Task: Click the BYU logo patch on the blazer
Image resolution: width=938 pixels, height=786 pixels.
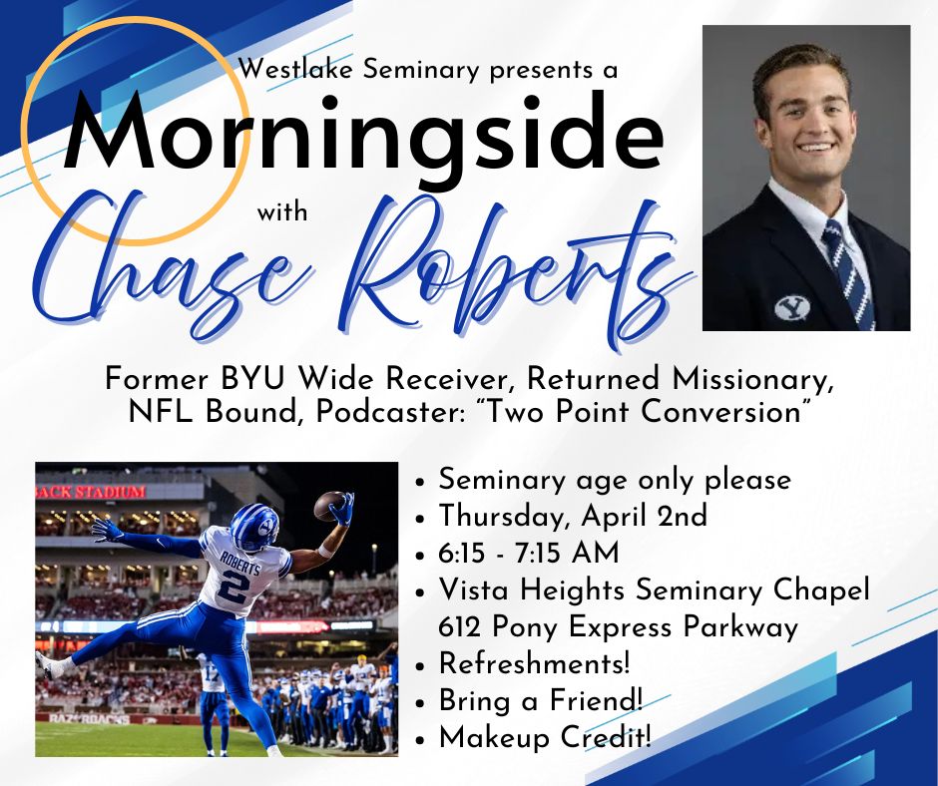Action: pos(791,307)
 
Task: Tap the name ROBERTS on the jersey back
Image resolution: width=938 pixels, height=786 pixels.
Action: pos(239,562)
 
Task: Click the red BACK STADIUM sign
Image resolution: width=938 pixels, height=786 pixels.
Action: pos(91,492)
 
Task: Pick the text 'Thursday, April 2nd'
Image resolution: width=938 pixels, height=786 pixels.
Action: pos(573,517)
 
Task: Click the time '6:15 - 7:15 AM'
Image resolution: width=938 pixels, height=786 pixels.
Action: pos(528,554)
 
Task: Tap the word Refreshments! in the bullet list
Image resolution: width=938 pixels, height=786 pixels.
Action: pos(534,663)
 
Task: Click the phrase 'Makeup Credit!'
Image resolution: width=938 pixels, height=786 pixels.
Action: pos(545,737)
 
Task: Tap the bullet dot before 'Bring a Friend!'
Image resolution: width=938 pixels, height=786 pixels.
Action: pos(422,702)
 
